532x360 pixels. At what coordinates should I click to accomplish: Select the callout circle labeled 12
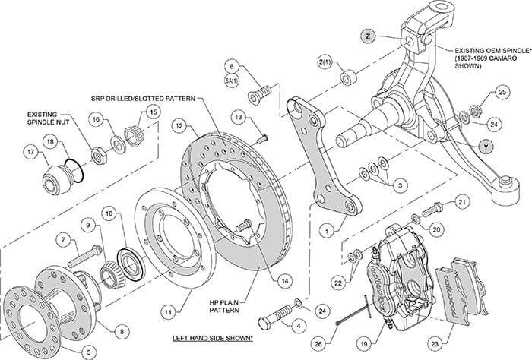pyautogui.click(x=179, y=125)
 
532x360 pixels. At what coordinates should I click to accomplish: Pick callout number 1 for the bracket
pyautogui.click(x=326, y=226)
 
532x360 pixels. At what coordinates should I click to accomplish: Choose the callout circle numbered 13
pyautogui.click(x=238, y=117)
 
